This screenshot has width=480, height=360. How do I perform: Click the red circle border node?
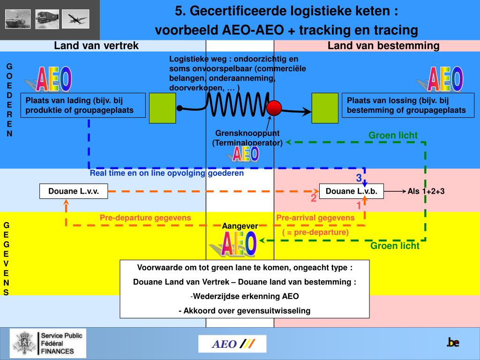(x=274, y=108)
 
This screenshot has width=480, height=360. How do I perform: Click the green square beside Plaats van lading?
(x=162, y=108)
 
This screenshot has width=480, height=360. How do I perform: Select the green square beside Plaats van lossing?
(x=325, y=108)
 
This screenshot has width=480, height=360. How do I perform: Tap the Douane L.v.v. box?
(x=74, y=191)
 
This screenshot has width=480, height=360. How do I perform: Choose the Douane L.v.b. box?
(x=352, y=191)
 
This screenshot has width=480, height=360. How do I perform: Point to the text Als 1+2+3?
(x=426, y=191)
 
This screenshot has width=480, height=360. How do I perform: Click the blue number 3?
(x=359, y=178)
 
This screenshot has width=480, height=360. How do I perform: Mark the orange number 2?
(x=314, y=198)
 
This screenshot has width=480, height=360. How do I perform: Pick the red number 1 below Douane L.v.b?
(x=359, y=205)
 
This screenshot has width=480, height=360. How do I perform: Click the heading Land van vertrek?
(x=96, y=45)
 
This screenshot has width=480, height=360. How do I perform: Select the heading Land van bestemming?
(x=383, y=45)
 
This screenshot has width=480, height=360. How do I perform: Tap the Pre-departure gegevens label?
(x=145, y=217)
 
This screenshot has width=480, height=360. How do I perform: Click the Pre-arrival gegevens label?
(x=315, y=217)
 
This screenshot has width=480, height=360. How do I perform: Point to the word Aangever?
(x=240, y=226)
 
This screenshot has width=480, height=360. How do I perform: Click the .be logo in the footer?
(x=452, y=343)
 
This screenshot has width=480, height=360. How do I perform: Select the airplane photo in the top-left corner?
(x=75, y=19)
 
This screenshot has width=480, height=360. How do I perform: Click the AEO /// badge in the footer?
(x=232, y=344)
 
